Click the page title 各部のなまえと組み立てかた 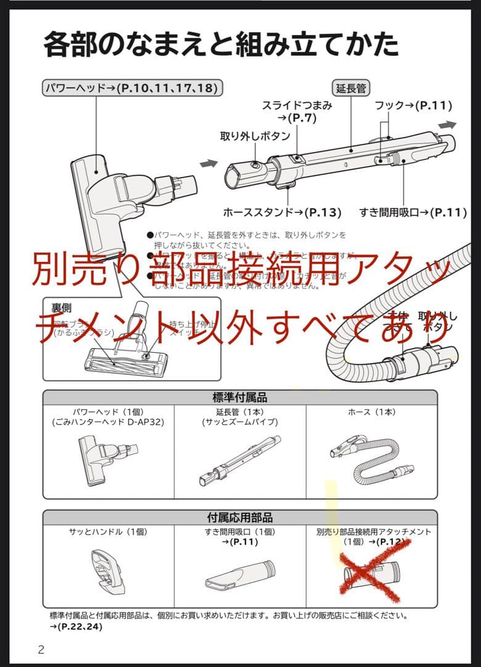tap(221, 44)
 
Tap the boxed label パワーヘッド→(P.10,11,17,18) tap(132, 88)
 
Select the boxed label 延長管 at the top tap(350, 88)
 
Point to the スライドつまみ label tap(297, 106)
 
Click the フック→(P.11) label tap(414, 106)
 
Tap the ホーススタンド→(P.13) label tap(282, 212)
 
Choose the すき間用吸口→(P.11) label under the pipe tap(413, 212)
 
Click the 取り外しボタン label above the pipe tap(255, 136)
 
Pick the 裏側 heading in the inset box tap(61, 307)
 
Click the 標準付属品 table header tap(240, 397)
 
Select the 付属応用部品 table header tap(240, 517)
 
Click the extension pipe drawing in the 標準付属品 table tap(240, 461)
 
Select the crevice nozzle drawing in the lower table tap(240, 574)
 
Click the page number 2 tap(41, 649)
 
